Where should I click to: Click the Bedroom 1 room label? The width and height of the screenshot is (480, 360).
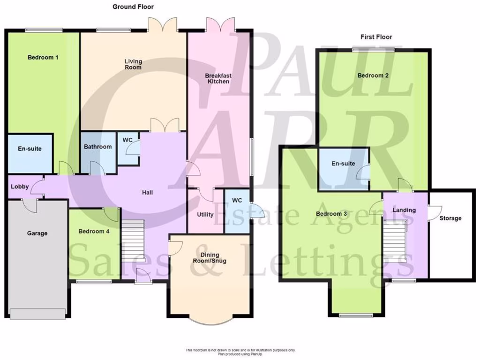pos(43,58)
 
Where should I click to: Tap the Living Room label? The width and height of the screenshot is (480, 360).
pos(133,64)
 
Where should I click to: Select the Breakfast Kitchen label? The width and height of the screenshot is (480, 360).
pos(218,78)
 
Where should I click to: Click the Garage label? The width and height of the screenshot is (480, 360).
pos(37,233)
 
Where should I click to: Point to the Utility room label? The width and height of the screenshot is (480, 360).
pos(205,215)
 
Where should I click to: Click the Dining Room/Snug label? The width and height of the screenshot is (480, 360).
pos(210,258)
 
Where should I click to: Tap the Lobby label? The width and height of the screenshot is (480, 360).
pos(20,187)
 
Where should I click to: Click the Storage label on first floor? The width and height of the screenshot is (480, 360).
pos(450,218)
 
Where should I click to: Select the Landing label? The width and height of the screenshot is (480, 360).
pos(404,210)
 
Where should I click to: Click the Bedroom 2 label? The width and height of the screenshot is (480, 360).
pos(373,75)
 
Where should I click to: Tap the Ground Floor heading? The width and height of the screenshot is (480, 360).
pos(133,7)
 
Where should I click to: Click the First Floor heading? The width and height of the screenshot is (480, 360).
pos(376,37)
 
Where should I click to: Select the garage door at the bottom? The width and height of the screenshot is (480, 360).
pos(37,314)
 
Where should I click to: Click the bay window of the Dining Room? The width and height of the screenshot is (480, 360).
pos(210,322)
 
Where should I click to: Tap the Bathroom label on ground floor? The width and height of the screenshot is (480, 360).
pos(98,147)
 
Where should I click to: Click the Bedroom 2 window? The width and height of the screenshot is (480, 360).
pos(374,49)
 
